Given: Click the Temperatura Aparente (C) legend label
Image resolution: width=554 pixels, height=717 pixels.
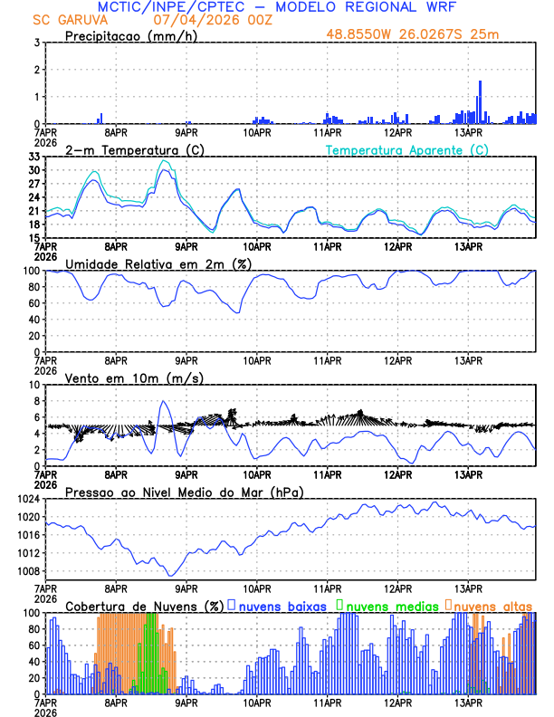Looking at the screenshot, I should tap(407, 149).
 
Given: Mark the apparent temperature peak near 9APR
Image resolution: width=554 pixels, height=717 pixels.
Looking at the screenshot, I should tap(163, 161).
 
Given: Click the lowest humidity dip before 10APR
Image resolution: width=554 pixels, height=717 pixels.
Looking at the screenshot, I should tap(239, 313).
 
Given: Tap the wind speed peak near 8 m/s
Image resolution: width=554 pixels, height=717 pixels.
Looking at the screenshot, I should tap(163, 401).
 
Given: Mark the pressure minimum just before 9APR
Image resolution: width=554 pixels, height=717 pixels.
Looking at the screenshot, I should tap(169, 576).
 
